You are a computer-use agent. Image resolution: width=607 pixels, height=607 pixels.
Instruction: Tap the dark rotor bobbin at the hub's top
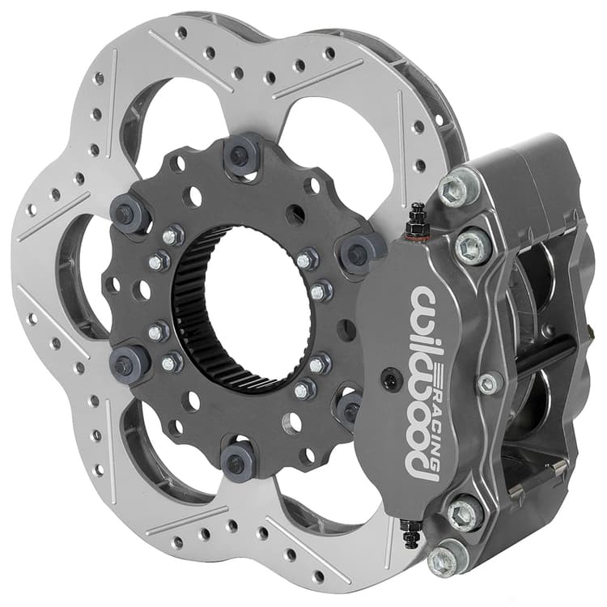242,154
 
